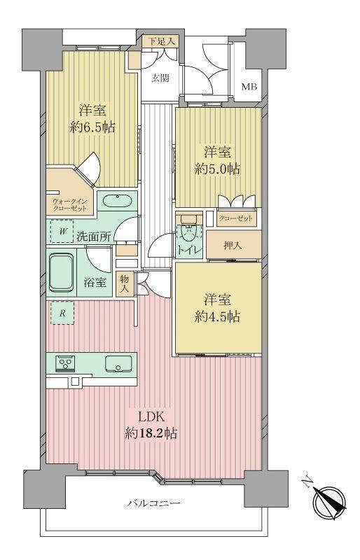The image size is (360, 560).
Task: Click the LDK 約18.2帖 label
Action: tap(151, 426)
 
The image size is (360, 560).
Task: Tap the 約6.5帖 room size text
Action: tap(92, 127)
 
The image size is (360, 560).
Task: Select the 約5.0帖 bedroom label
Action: tap(217, 169)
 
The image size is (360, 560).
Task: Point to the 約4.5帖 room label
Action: tap(217, 316)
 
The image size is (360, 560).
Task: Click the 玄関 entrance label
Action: tap(160, 78)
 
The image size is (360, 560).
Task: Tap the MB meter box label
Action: tap(249, 86)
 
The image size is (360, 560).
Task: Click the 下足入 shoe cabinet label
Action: tap(162, 41)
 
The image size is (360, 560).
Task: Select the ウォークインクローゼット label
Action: tap(70, 204)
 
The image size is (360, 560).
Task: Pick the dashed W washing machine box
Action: tap(62, 232)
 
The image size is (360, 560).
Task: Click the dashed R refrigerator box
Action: tap(62, 313)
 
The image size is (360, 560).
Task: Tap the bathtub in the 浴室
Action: tap(61, 272)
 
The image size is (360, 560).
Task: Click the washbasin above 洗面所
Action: tap(118, 201)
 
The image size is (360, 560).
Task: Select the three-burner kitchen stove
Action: tap(65, 363)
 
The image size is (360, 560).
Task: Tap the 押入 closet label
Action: tap(233, 246)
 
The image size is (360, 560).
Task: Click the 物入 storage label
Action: tap(125, 283)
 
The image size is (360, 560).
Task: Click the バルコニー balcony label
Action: tap(153, 503)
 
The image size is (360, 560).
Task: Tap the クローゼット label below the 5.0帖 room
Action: tap(235, 218)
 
